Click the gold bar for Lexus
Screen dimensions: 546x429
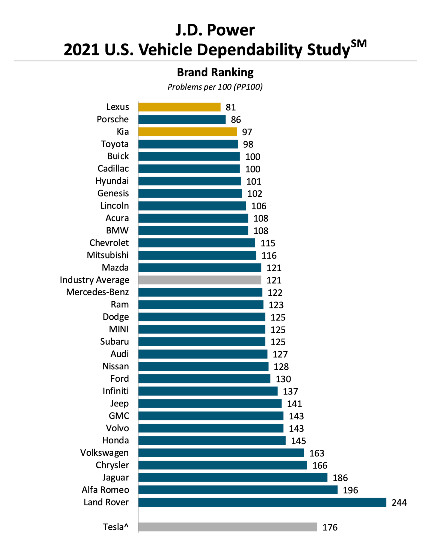179,107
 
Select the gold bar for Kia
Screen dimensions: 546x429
187,132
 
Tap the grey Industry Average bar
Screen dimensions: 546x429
200,280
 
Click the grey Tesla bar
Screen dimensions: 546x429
227,527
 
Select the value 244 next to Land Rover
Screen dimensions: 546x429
399,503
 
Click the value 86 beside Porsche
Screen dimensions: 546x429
236,120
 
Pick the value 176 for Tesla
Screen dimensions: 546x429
330,527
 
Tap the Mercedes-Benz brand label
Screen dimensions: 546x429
97,292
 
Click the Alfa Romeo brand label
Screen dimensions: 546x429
105,490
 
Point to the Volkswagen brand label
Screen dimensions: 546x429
104,453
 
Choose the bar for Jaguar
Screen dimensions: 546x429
233,477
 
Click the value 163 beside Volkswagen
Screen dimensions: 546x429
316,453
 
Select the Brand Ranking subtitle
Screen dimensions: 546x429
215,72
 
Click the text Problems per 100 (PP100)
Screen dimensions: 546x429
215,87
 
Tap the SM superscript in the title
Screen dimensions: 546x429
359,44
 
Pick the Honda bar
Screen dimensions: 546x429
212,440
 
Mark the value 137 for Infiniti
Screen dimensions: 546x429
290,391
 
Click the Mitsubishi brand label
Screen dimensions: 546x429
108,255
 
